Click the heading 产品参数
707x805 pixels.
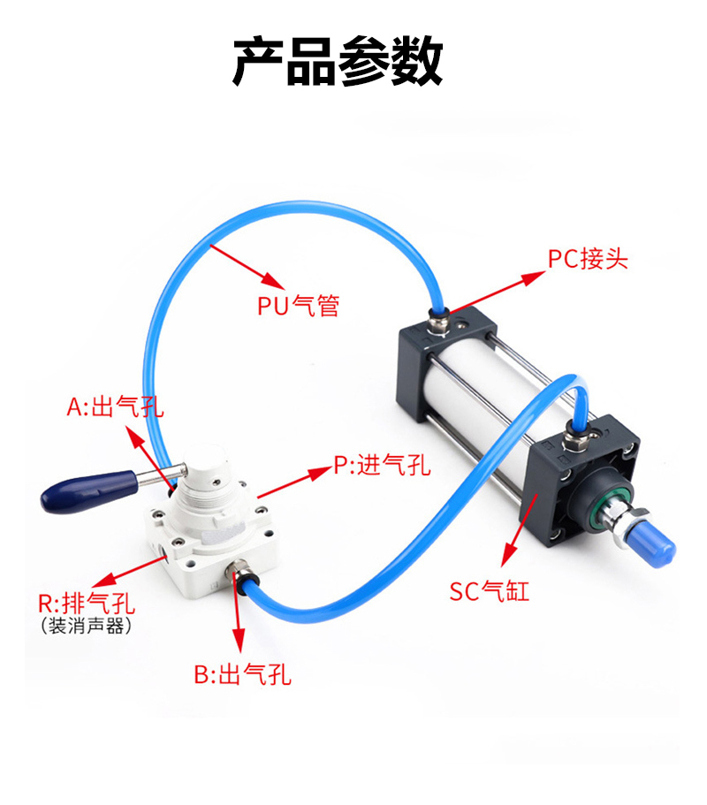[x=338, y=61]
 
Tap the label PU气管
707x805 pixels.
[x=298, y=306]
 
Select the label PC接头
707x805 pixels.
[x=588, y=258]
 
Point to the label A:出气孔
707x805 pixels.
[x=115, y=407]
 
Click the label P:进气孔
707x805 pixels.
[x=382, y=465]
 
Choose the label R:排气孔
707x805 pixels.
[x=87, y=603]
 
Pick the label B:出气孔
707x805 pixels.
[x=242, y=674]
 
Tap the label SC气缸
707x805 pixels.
[x=489, y=591]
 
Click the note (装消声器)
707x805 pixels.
[x=86, y=626]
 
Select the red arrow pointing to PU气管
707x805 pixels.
[x=247, y=267]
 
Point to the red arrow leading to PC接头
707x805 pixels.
[x=497, y=292]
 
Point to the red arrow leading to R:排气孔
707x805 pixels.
[x=131, y=572]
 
